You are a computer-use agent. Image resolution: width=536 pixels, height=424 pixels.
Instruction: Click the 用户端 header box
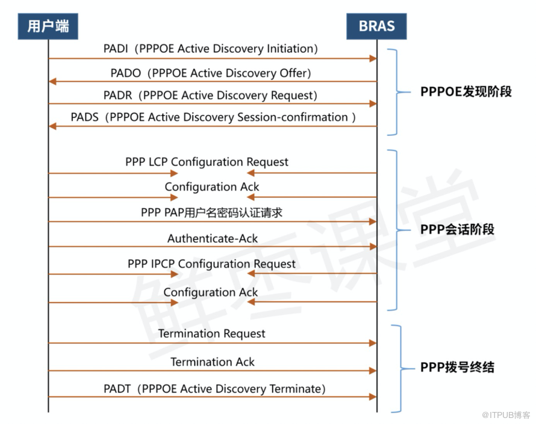(48, 26)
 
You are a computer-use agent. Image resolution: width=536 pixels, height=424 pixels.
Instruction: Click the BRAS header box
(376, 26)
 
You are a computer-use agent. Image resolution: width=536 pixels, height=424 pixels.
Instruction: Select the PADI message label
(211, 48)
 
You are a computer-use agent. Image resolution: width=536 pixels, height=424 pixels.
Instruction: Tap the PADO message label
(211, 73)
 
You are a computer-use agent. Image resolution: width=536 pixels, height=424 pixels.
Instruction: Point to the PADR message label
(211, 95)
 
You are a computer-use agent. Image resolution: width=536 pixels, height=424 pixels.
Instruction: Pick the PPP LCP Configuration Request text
(207, 162)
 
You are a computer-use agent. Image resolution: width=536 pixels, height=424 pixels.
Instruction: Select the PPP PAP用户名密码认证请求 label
(211, 212)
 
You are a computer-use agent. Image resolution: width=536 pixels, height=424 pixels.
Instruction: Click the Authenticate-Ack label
(212, 239)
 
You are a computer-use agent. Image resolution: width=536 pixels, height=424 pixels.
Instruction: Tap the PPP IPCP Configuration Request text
(211, 263)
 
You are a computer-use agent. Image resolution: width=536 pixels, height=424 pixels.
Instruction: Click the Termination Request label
(211, 333)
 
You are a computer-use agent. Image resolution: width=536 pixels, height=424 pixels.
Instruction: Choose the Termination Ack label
(212, 361)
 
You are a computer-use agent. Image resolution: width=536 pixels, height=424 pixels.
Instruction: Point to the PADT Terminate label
(214, 389)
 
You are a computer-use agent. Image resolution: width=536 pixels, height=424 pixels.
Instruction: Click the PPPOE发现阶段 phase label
(466, 92)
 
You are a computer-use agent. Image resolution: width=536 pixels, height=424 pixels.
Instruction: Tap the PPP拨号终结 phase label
(457, 367)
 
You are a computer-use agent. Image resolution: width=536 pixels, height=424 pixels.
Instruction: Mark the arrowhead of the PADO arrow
(52, 81)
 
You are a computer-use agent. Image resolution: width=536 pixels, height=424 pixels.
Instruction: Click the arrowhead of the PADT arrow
(373, 397)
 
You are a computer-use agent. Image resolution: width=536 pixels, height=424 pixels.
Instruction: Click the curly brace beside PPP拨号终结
(397, 368)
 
